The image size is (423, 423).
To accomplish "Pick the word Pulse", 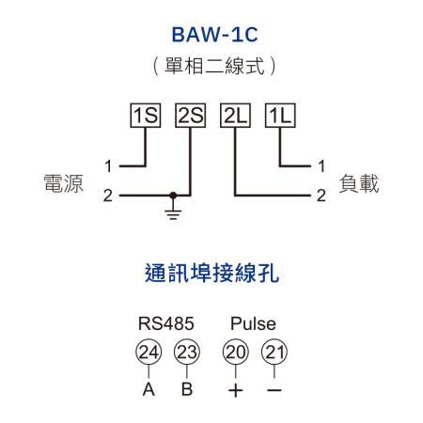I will (x=253, y=324).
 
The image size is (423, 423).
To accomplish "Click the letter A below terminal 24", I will (x=149, y=389).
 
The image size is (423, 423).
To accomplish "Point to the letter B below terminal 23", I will (x=187, y=389).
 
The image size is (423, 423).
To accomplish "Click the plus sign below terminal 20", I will (x=234, y=390).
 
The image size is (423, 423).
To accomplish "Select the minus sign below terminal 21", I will (x=274, y=390).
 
